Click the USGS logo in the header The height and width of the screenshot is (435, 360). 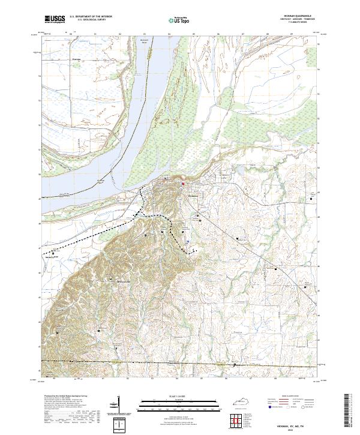[x=55, y=20]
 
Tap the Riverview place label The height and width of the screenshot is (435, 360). [x=76, y=60]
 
